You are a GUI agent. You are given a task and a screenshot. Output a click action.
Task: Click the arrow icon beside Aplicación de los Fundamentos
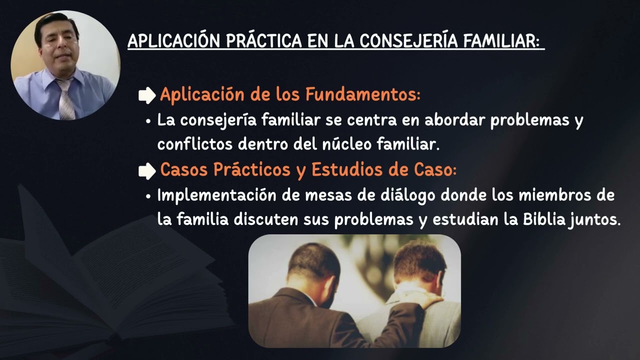(x=147, y=95)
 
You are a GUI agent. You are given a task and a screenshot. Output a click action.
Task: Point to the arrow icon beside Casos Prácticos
(x=147, y=171)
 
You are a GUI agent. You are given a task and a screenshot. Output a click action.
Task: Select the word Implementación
(x=216, y=195)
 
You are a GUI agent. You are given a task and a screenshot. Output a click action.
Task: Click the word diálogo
(x=379, y=195)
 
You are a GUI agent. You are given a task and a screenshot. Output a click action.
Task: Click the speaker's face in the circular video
(x=57, y=45)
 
